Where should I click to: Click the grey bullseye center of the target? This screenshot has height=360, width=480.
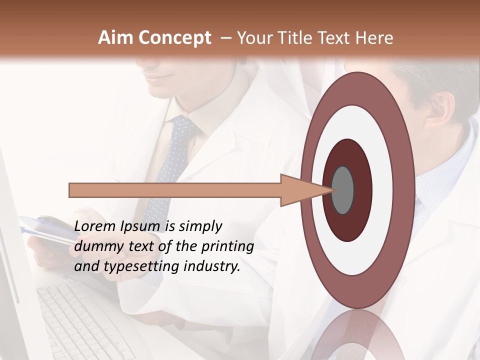pyautogui.click(x=342, y=190)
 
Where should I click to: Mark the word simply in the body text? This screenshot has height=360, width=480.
pyautogui.click(x=200, y=226)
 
